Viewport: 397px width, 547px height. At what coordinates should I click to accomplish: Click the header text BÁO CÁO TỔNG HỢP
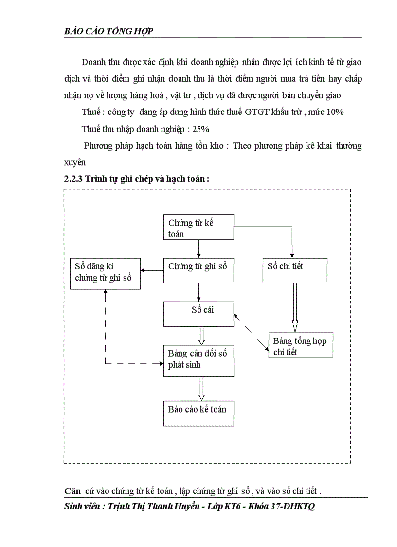tap(109, 32)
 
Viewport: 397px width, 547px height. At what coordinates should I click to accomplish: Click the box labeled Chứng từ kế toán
tap(198, 227)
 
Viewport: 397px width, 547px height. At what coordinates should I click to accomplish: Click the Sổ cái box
tap(198, 314)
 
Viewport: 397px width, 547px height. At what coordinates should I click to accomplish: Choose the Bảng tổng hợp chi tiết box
tap(300, 345)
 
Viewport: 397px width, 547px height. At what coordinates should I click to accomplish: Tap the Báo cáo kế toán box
tap(198, 413)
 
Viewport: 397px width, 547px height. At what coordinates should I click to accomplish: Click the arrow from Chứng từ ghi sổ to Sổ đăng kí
tap(152, 270)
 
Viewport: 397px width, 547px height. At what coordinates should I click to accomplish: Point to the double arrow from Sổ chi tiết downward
tap(295, 307)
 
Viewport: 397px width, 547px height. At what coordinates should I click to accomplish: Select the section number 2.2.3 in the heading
tap(73, 179)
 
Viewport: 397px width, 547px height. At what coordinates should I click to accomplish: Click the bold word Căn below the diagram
tap(73, 490)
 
